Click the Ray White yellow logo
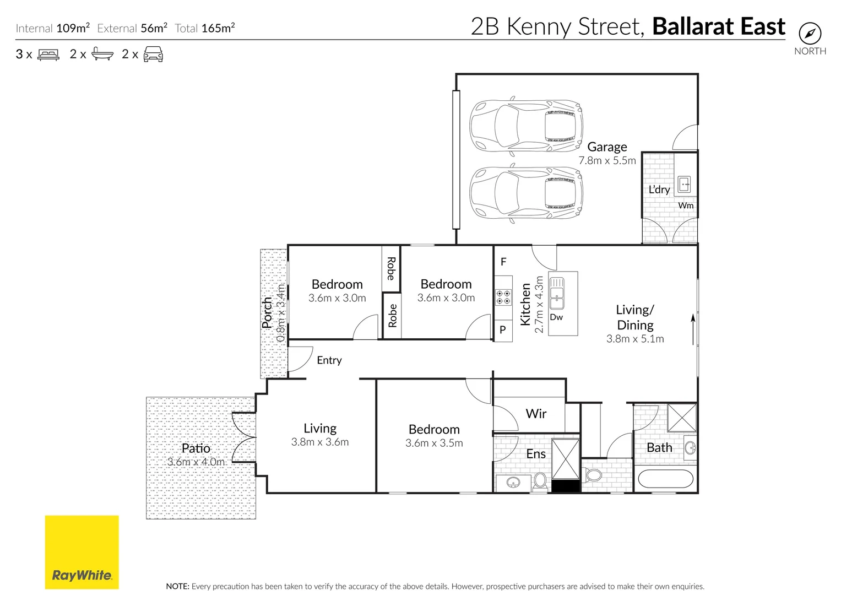82,551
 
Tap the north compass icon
810,34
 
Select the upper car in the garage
525,126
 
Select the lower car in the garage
525,193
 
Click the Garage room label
607,147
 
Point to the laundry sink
684,184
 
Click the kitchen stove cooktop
503,297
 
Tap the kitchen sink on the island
557,292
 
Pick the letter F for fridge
503,262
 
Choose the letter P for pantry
502,330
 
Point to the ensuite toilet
540,481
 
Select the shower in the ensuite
566,458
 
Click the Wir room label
536,414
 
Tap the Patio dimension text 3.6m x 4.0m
196,462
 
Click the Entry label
329,360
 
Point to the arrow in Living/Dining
693,329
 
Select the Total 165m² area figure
218,28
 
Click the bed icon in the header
48,55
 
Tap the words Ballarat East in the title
718,26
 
